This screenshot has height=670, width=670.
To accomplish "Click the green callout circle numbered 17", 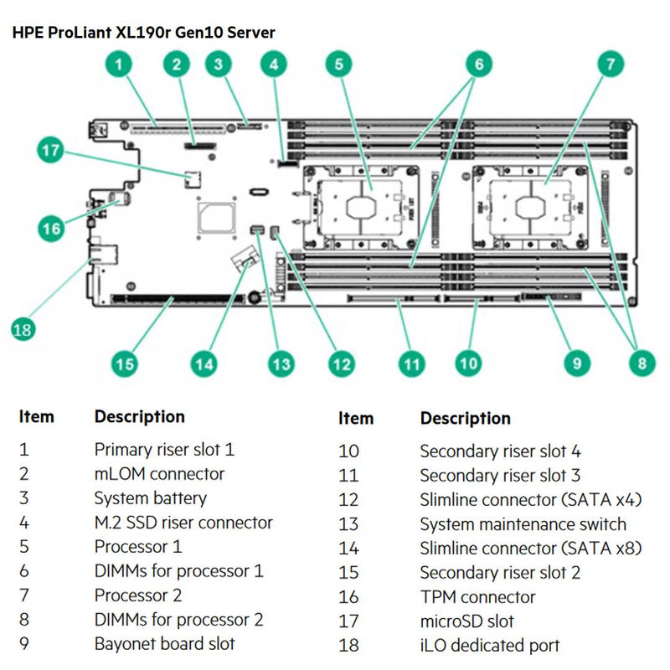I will pos(51,152).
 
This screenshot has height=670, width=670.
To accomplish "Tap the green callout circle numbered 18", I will pos(23,329).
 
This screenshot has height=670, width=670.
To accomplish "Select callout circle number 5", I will pos(338,63).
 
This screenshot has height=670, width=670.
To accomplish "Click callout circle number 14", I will pos(204,363).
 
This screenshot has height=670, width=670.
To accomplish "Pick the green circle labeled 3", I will pos(219,63).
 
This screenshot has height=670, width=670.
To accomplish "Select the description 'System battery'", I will pos(150,498).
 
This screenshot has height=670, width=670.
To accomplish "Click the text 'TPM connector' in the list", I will pos(477,597).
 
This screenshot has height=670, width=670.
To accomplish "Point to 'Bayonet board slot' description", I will pos(164,644).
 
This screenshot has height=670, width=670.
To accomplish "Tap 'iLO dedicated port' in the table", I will pos(489,646).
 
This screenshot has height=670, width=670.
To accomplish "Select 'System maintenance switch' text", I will pos(523,524).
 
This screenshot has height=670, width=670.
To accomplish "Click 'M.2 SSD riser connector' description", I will pos(183,523).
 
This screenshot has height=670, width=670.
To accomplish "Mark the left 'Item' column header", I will pos(36,416).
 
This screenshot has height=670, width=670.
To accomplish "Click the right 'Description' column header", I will pos(465,418).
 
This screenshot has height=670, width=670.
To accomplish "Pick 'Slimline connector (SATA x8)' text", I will pos(530,549).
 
